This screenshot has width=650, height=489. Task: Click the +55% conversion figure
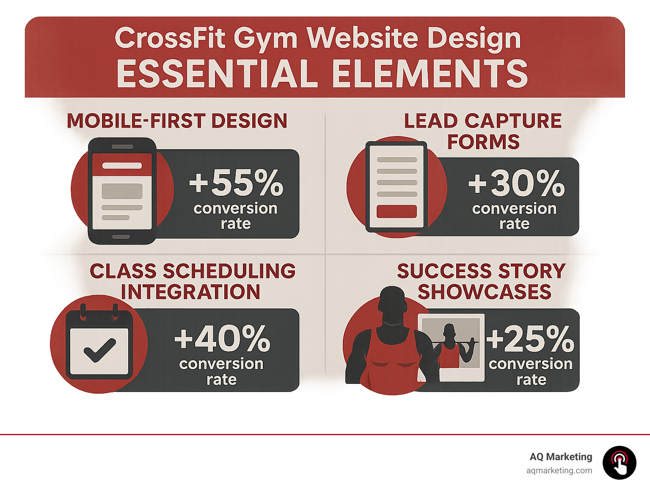tap(236, 183)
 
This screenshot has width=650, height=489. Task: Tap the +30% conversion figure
tap(516, 183)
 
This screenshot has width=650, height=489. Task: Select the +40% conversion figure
tap(222, 339)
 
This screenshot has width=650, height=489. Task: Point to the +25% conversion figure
tap(530, 339)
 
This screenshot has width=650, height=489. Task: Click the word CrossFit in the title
tap(171, 38)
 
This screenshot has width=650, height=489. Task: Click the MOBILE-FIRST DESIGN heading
tap(177, 121)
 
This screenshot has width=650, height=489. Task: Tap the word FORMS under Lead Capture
tap(483, 142)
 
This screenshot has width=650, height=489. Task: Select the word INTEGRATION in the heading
tap(190, 292)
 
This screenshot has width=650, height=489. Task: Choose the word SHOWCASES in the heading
tap(485, 292)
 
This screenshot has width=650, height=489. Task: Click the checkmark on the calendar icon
tap(99, 350)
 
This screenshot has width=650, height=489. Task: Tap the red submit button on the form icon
tap(397, 211)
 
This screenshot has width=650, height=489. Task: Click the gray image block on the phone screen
tap(122, 191)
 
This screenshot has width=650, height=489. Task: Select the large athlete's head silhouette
tap(392, 301)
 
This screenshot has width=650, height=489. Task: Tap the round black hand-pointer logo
tap(619, 463)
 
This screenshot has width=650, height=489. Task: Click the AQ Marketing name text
tap(561, 457)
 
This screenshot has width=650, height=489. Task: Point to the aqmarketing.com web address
tap(559, 470)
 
